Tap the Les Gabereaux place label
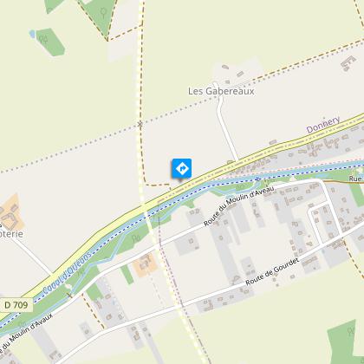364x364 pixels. [221, 90]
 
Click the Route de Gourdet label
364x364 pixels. [265, 277]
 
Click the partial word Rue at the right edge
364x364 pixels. [355, 179]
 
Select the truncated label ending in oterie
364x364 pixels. [12, 232]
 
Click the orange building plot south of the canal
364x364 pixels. [144, 265]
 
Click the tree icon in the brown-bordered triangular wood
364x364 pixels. [105, 12]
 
